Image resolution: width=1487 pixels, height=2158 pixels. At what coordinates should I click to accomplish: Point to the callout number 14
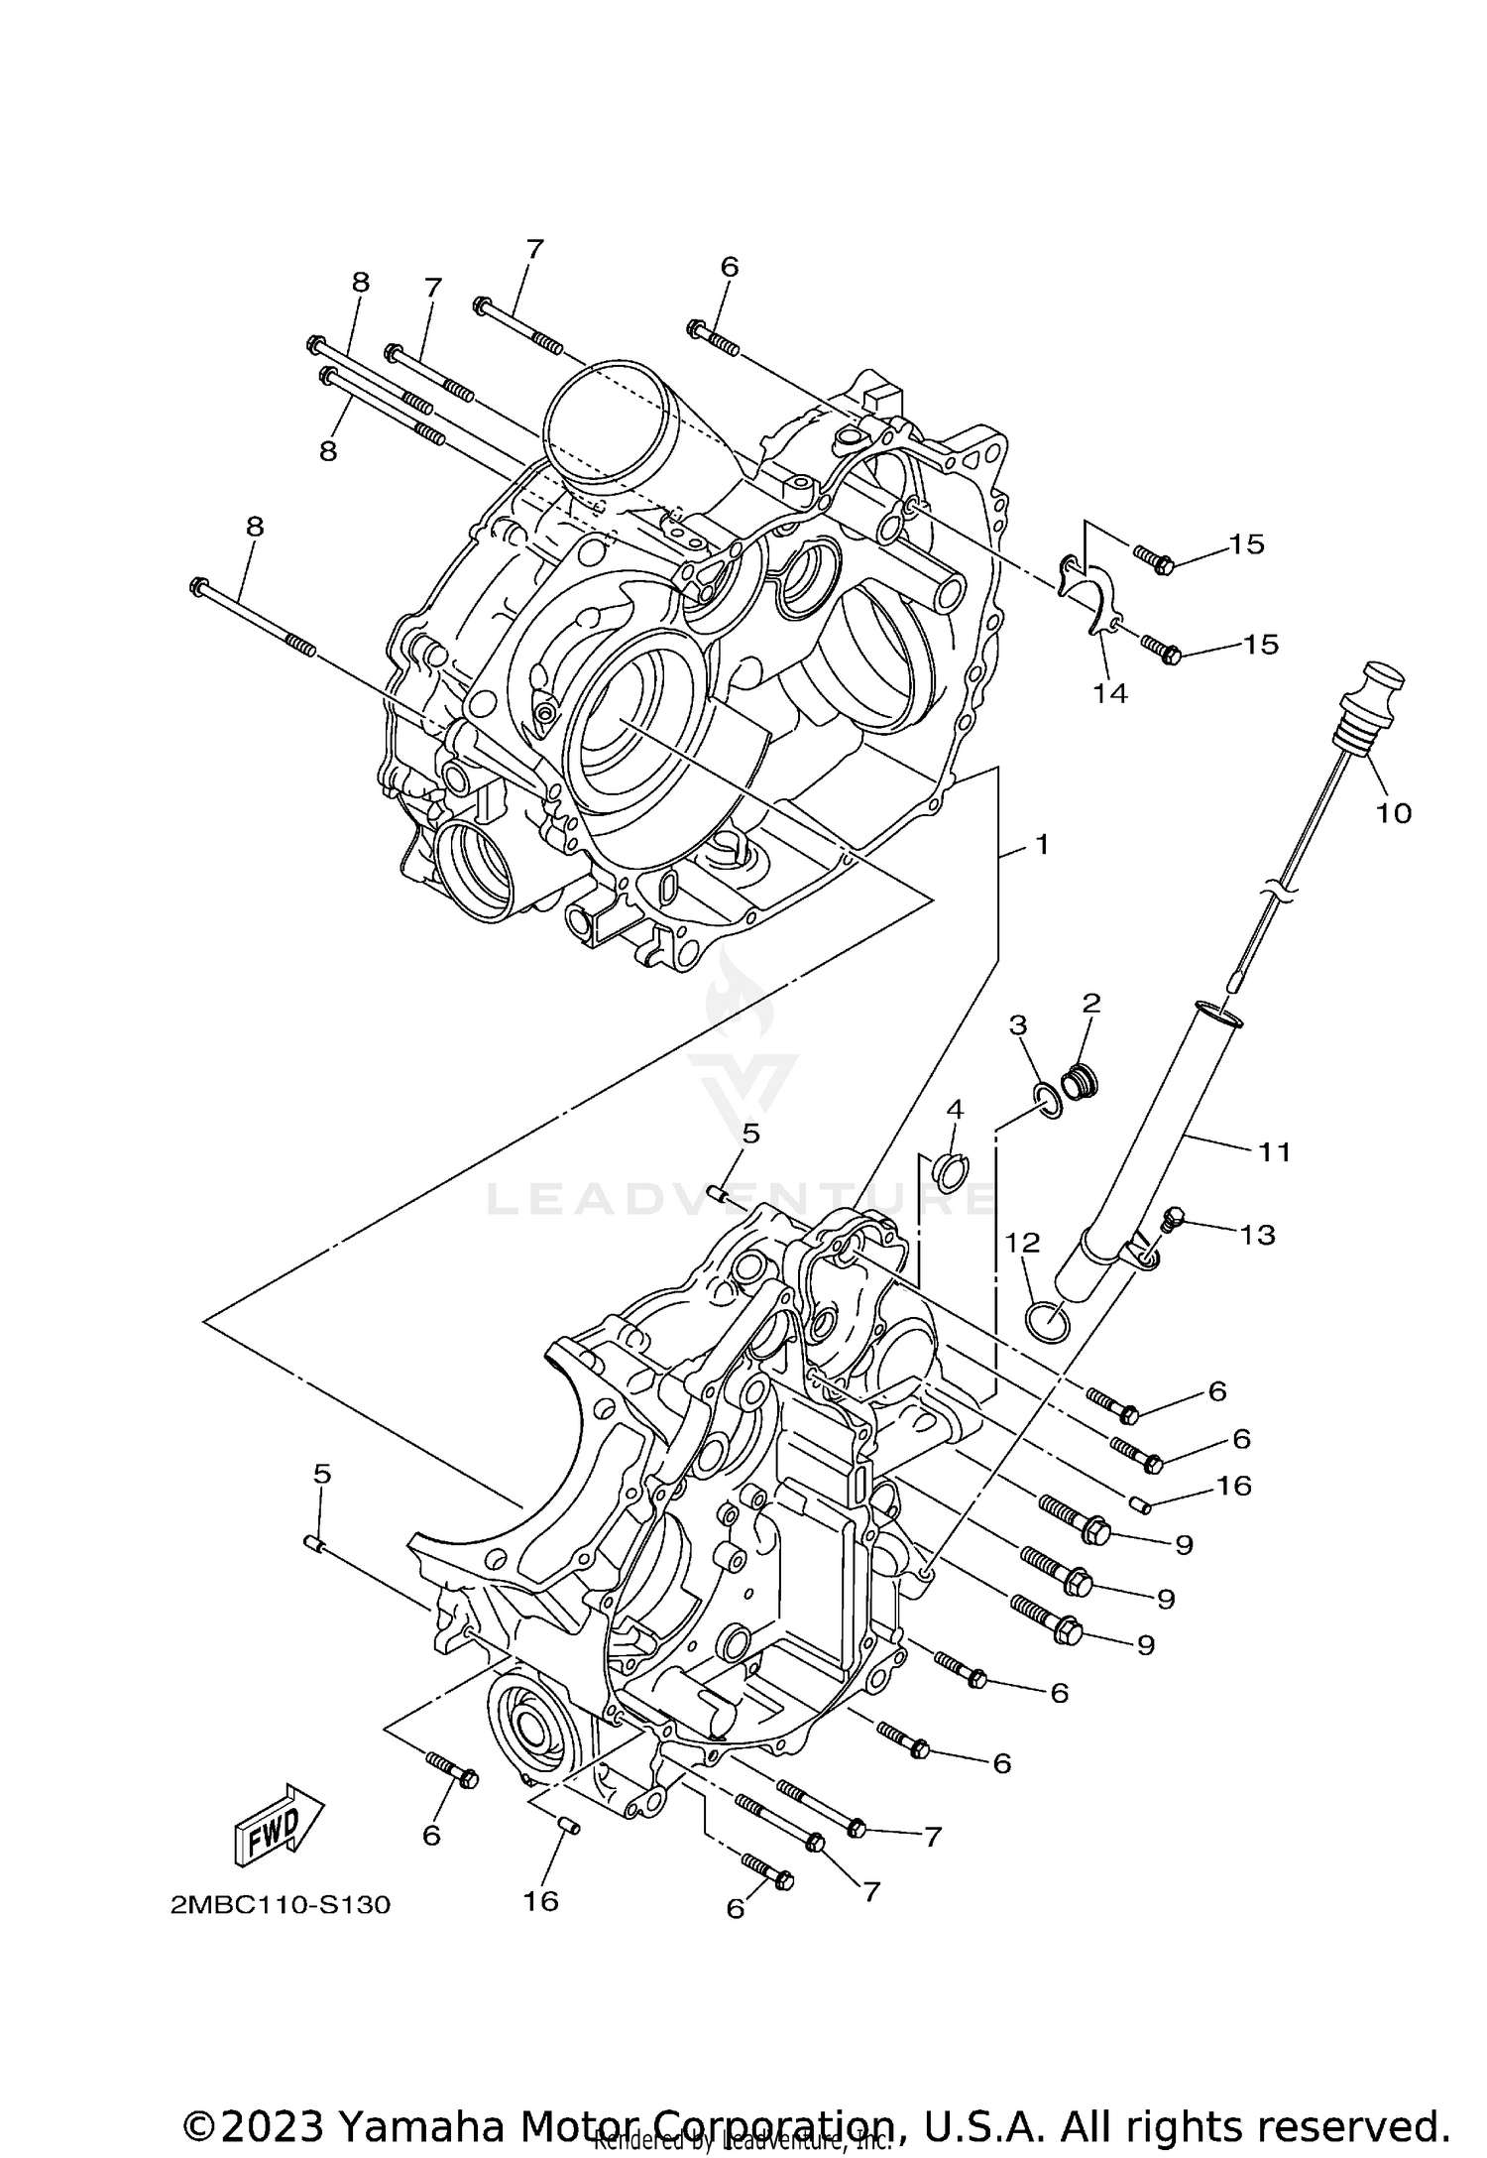coord(1110,693)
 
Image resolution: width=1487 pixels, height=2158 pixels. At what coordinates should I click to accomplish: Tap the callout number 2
coord(1090,1003)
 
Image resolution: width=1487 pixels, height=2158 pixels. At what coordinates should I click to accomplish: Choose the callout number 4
coord(955,1108)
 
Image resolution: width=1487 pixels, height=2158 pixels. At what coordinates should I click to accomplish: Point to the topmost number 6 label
coord(729,267)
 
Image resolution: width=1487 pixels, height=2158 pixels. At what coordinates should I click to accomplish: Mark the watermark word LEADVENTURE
coord(739,1201)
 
